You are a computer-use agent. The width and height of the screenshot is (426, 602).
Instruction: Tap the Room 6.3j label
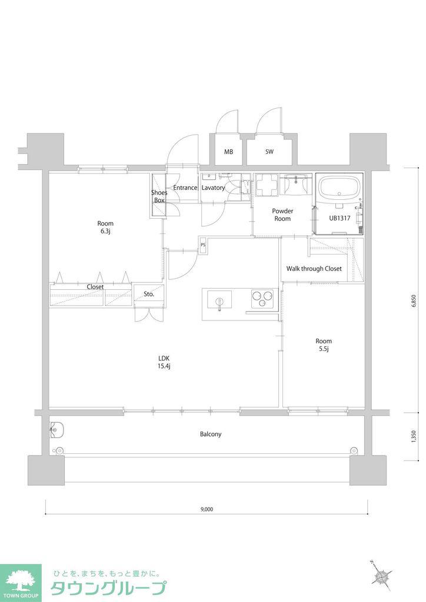(x=105, y=227)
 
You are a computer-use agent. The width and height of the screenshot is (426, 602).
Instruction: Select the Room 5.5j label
(x=324, y=345)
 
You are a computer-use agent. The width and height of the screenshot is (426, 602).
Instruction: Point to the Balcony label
(x=211, y=434)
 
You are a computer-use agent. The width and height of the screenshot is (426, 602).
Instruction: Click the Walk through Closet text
(x=314, y=269)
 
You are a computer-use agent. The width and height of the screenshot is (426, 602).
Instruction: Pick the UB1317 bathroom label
(x=340, y=218)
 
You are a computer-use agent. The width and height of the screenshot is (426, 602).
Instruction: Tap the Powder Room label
(x=282, y=215)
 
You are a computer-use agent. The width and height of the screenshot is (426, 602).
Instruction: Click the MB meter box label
(x=228, y=152)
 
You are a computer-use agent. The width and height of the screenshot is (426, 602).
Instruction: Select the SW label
(x=269, y=152)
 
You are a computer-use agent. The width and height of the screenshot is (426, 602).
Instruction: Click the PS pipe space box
(x=203, y=245)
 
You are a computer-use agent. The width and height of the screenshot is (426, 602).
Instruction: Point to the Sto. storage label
(x=149, y=295)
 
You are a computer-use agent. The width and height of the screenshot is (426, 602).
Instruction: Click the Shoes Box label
(x=159, y=196)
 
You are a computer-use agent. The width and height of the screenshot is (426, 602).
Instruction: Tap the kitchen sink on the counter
(x=219, y=299)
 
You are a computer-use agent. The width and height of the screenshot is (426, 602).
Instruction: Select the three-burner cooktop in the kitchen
(x=262, y=298)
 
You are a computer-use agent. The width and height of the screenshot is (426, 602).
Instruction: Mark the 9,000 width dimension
(x=207, y=510)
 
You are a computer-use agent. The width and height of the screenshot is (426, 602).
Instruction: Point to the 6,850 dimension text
(x=413, y=302)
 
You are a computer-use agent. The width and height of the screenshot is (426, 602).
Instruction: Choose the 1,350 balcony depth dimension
(x=413, y=437)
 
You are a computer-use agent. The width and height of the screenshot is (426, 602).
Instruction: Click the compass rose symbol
(x=382, y=576)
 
